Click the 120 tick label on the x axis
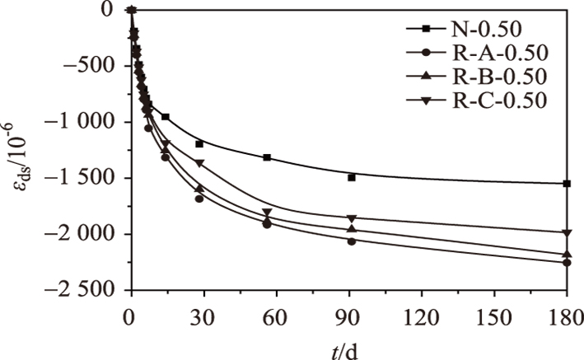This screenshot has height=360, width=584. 421,316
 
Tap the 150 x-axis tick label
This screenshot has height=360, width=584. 494,316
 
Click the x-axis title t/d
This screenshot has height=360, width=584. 348,347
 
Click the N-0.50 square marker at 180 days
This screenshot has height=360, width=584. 567,183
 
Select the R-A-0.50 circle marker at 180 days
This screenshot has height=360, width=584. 567,262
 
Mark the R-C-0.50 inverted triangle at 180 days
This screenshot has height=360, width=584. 567,233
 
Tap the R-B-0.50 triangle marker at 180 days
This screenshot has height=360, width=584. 567,255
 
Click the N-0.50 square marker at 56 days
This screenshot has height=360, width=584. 267,157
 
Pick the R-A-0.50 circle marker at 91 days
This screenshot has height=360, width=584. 352,241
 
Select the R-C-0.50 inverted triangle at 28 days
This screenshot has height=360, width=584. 199,164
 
